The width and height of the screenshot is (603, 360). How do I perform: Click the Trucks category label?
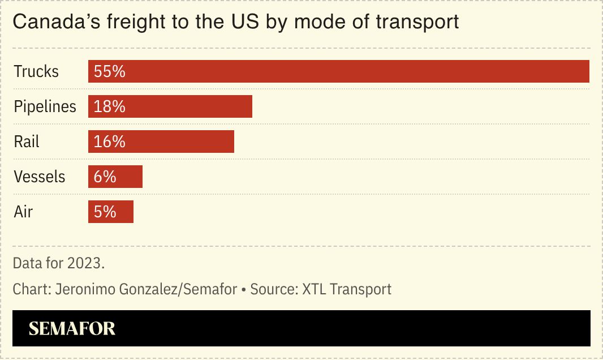[x=36, y=72]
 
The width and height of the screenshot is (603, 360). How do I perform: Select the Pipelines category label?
[x=45, y=107]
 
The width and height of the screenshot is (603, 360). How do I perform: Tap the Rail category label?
[x=27, y=142]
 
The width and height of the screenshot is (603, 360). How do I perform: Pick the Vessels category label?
[x=40, y=177]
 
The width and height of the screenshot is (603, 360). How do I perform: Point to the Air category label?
[x=23, y=212]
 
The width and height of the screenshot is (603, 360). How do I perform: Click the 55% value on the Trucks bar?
[x=109, y=72]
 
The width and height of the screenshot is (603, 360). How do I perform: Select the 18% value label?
[x=109, y=107]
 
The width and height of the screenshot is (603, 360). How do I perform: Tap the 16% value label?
[x=109, y=142]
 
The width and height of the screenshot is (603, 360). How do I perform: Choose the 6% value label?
[x=105, y=177]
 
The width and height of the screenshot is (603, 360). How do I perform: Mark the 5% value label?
[x=105, y=212]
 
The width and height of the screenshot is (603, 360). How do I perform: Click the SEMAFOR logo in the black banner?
[x=72, y=328]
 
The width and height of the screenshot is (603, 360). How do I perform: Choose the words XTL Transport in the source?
[x=347, y=289]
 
